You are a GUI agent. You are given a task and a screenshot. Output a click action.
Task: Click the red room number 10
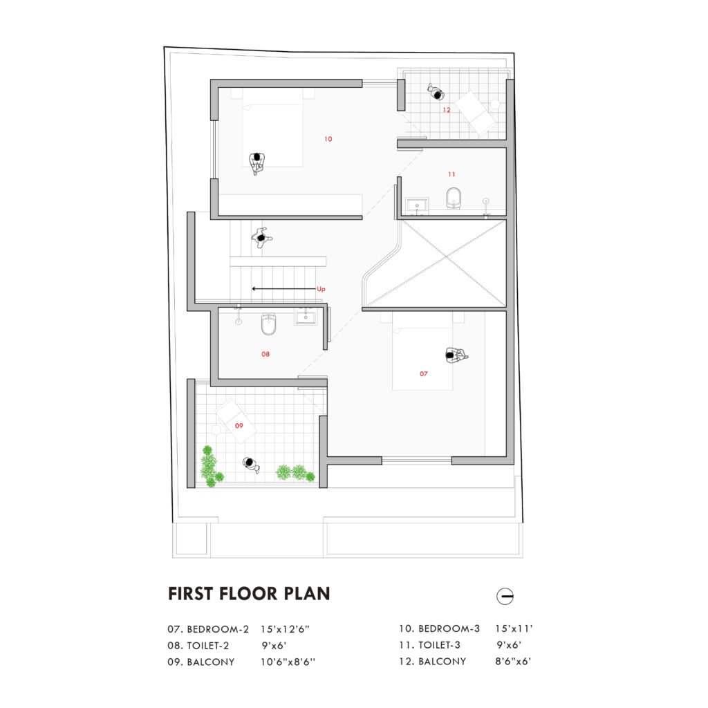point(328,139)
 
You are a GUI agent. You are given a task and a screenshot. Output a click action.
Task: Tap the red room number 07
point(423,373)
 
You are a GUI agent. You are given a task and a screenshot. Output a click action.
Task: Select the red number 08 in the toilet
point(265,354)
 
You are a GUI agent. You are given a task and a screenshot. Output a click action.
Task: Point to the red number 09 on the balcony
point(239,425)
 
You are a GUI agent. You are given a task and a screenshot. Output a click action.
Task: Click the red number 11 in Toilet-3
point(451,174)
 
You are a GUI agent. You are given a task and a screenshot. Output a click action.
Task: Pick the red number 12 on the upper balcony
point(447,109)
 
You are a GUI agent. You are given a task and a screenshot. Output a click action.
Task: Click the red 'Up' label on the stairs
point(321,288)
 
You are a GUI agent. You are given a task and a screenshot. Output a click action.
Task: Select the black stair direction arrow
point(279,288)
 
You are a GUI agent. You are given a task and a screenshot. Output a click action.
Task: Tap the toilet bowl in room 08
point(269,324)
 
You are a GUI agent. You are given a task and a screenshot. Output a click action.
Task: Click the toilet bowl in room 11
point(454,197)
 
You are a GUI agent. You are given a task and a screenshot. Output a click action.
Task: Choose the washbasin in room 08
point(305,317)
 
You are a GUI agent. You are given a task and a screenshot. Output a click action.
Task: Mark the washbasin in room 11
point(418,204)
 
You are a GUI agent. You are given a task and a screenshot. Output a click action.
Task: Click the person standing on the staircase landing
point(261,237)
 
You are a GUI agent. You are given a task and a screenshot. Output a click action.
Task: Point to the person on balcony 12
point(436,91)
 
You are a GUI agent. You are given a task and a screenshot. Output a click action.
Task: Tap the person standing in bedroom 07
point(455,355)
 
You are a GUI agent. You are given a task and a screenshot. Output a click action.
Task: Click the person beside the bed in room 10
point(257,162)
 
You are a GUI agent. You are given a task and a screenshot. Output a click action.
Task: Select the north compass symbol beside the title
point(505,596)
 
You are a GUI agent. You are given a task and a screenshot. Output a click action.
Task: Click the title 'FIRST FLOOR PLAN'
point(249,593)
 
